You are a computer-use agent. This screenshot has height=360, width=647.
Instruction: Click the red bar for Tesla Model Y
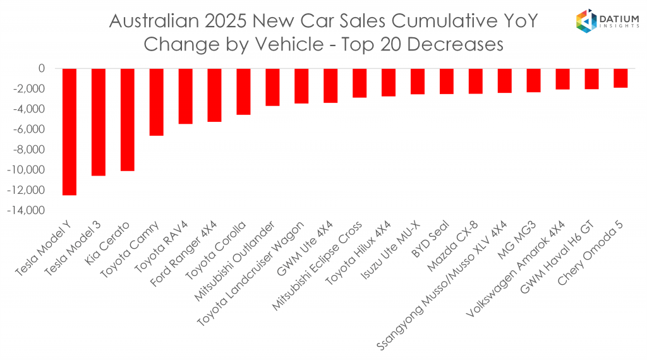click(69, 132)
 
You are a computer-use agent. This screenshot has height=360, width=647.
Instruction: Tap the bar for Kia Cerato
click(127, 119)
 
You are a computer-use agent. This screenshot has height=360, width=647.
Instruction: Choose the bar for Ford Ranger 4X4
click(214, 95)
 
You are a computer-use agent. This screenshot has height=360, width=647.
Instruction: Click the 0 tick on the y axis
click(42, 68)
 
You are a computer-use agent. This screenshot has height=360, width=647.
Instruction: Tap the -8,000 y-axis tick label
click(31, 150)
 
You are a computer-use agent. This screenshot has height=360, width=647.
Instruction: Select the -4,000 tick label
click(31, 109)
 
